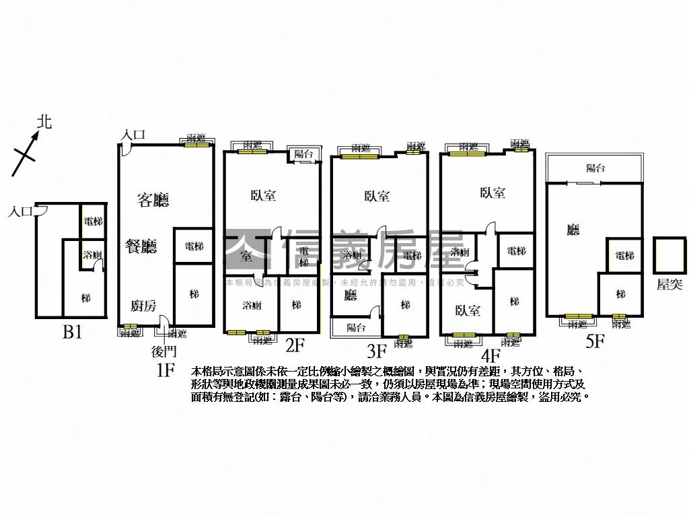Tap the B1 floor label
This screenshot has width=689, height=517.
(72, 332)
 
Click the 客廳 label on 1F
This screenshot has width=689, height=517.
(153, 200)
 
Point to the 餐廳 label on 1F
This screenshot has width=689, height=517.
(141, 246)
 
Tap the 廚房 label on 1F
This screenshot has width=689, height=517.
(143, 306)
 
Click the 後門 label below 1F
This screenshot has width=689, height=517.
(164, 351)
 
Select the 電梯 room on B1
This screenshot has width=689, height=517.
(94, 221)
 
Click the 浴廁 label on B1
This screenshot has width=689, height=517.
(92, 255)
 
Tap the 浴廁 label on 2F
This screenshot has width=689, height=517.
(252, 305)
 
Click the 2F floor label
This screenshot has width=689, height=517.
(295, 345)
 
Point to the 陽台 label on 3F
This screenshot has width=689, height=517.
(356, 327)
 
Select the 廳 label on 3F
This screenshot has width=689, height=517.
(350, 295)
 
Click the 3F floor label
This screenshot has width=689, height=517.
(376, 351)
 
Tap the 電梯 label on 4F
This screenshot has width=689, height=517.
(516, 251)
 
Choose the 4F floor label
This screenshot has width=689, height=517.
(491, 355)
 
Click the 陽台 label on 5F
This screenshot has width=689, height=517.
(595, 168)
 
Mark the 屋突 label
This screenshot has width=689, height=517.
(669, 284)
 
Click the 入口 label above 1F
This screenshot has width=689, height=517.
(133, 135)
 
